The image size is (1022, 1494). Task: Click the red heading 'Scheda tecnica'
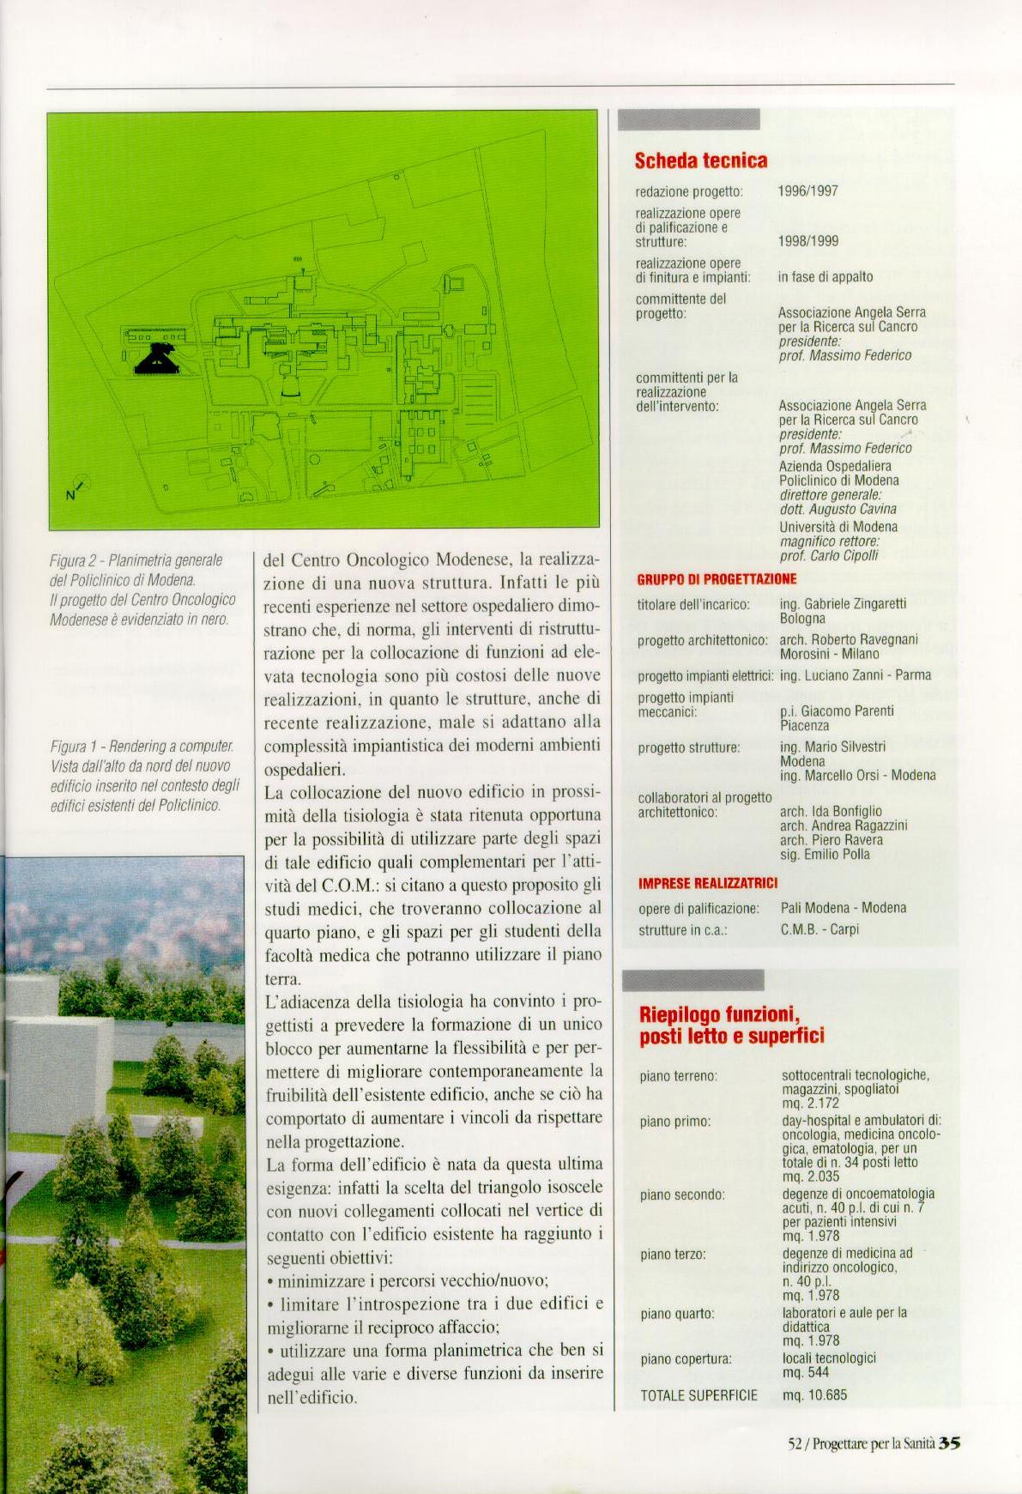701,160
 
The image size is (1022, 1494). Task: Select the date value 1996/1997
807,191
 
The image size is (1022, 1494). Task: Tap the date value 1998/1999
807,242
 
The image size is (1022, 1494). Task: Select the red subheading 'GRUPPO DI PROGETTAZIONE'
717,579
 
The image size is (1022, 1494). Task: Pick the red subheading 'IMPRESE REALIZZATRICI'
708,883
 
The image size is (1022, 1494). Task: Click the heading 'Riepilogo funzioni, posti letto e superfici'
732,1025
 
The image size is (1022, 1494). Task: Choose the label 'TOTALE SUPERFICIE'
698,1395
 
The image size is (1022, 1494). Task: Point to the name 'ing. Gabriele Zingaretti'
843,604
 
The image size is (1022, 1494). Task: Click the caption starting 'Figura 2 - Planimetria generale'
140,590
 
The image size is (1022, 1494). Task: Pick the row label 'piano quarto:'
677,1313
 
